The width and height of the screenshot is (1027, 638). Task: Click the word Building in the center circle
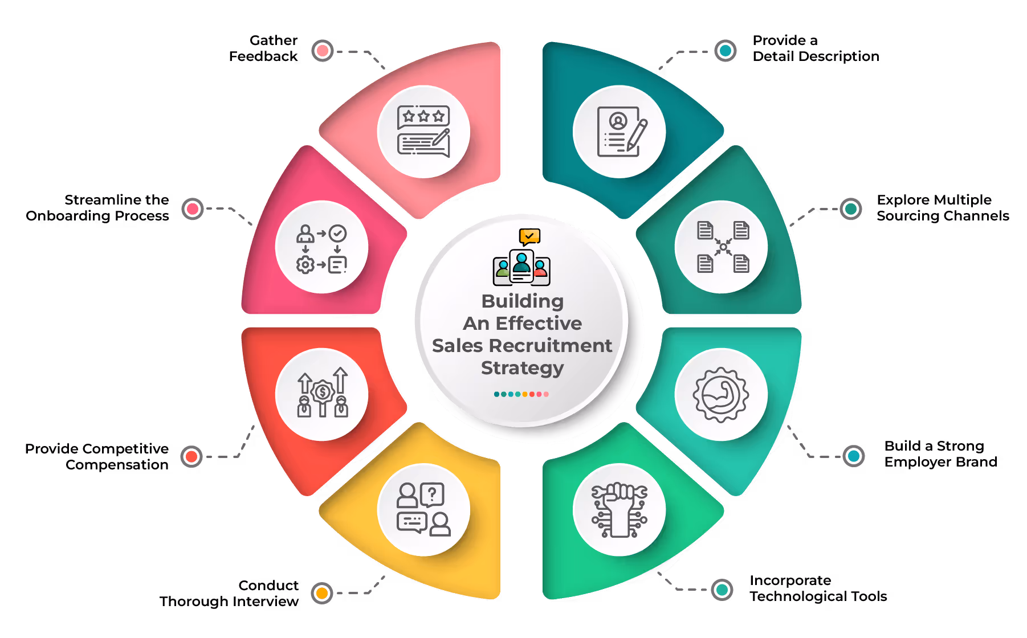tap(522, 301)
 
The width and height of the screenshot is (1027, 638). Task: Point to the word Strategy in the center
tap(522, 369)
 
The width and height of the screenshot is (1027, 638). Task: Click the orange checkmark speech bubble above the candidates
tap(529, 236)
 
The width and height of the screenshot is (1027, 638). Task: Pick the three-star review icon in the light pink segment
tap(423, 116)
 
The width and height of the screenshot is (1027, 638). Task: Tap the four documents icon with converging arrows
tap(723, 247)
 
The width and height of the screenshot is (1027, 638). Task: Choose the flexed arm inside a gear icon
tap(721, 394)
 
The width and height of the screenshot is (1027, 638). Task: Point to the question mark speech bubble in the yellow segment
tap(433, 494)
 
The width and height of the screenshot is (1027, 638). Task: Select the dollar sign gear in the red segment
tap(323, 392)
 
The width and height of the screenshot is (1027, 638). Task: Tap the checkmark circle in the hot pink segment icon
tap(338, 233)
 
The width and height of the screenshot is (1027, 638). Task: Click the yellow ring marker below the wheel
tap(322, 593)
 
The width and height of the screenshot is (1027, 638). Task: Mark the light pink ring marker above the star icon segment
tap(323, 51)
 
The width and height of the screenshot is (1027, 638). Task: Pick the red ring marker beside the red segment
tap(191, 456)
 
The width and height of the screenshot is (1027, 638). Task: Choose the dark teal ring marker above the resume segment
tap(725, 51)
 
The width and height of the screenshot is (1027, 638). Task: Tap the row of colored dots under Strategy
tap(521, 394)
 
